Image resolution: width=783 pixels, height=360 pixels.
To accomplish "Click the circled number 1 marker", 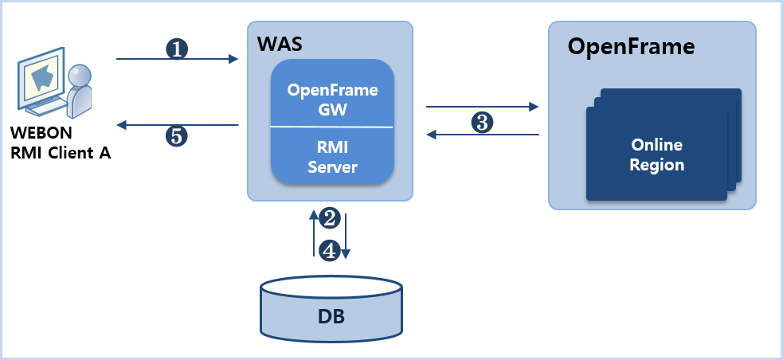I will (177, 49).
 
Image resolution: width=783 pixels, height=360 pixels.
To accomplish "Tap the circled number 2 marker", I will (330, 217).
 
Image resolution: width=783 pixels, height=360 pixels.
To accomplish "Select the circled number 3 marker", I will (482, 122).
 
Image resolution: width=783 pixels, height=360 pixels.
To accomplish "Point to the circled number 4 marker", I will (330, 250).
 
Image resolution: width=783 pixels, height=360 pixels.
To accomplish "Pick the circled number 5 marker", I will (177, 135).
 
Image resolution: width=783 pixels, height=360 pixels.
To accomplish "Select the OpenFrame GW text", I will (331, 99).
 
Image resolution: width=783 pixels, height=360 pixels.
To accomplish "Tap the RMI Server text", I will (331, 157).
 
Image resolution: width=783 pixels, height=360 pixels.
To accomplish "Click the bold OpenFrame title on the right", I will (631, 46).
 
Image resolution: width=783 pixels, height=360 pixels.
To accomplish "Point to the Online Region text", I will (657, 155).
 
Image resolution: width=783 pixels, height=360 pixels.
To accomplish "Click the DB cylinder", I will (331, 306).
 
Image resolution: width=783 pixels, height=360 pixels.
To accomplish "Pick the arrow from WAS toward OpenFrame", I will (483, 105).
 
